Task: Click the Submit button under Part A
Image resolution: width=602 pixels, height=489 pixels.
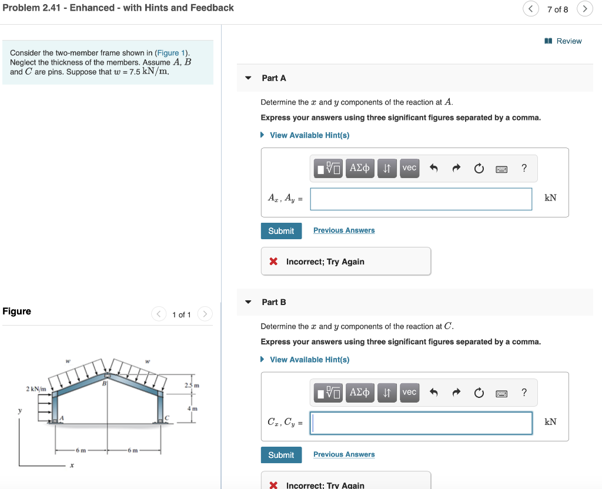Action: click(281, 231)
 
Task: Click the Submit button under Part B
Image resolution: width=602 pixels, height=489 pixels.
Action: click(281, 455)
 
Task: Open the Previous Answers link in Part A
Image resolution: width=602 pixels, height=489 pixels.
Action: click(344, 230)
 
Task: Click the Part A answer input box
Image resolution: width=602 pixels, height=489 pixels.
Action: click(421, 199)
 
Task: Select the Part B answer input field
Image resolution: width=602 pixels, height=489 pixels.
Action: click(421, 423)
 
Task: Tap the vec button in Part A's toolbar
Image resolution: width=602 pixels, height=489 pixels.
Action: click(409, 168)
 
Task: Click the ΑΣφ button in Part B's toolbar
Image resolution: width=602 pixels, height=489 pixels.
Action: click(360, 392)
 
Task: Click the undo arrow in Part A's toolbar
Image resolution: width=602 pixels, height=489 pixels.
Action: click(434, 169)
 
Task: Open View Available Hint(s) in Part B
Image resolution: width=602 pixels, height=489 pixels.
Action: click(309, 360)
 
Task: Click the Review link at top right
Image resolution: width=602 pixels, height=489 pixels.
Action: click(568, 41)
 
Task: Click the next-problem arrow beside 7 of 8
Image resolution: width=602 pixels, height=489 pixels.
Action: click(585, 9)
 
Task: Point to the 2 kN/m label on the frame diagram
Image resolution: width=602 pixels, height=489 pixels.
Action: click(36, 389)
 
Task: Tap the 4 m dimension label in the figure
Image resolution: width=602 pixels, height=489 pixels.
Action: click(192, 408)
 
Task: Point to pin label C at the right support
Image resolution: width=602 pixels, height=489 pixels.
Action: click(167, 418)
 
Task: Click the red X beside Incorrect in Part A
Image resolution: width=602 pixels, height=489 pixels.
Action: click(273, 262)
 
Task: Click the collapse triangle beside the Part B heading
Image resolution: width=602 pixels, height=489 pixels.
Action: click(248, 302)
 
